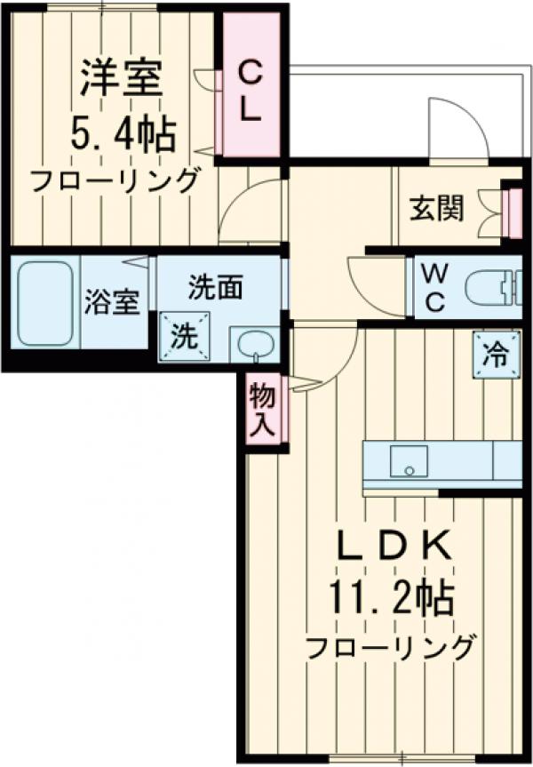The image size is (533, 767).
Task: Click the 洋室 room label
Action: pyautogui.click(x=122, y=78)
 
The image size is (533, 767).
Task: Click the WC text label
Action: pyautogui.click(x=434, y=286)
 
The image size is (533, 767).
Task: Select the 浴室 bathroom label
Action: pyautogui.click(x=113, y=302)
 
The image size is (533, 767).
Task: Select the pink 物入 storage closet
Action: pyautogui.click(x=263, y=411)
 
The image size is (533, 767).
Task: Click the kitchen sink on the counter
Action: pyautogui.click(x=409, y=461)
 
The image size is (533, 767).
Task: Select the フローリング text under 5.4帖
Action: pyautogui.click(x=114, y=180)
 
